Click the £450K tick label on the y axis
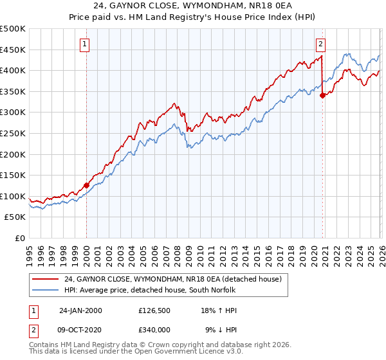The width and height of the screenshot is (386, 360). tap(13, 50)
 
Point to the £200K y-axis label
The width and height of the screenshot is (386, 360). tap(13, 154)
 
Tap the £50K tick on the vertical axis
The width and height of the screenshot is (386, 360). tap(15, 217)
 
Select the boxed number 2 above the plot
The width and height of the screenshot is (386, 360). tap(320, 44)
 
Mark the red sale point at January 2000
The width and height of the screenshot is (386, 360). tap(86, 185)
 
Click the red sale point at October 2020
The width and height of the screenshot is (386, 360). tap(322, 95)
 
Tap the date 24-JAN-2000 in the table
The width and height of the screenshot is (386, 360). tap(80, 310)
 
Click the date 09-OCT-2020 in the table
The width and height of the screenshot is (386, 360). tap(80, 329)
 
